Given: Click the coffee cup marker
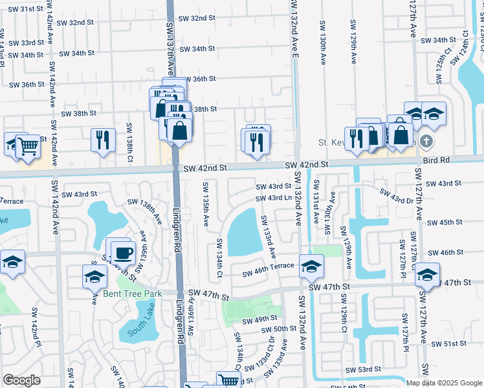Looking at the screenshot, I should click(123, 252).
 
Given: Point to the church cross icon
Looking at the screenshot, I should click(426, 141).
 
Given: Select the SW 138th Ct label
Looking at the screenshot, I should click(129, 136).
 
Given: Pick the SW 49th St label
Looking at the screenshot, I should click(259, 319).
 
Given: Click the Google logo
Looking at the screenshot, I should click(21, 380).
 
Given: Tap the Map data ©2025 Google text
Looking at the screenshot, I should click(443, 383).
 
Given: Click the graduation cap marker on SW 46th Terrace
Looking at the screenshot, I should click(311, 266).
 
